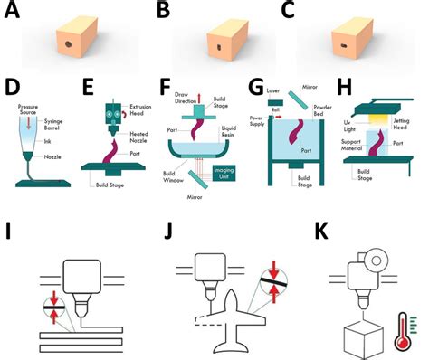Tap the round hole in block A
coord(69,43)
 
